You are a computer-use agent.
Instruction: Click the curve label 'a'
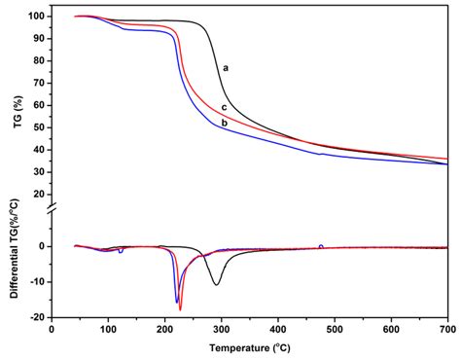tap(226, 68)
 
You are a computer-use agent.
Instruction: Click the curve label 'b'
tap(225, 123)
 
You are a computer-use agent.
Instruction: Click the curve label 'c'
tap(225, 107)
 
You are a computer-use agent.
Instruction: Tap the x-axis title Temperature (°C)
tap(249, 348)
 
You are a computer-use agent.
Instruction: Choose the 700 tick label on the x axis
tap(447, 329)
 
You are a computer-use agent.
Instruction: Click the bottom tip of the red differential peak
tap(180, 309)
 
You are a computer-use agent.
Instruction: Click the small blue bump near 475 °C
tap(321, 245)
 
